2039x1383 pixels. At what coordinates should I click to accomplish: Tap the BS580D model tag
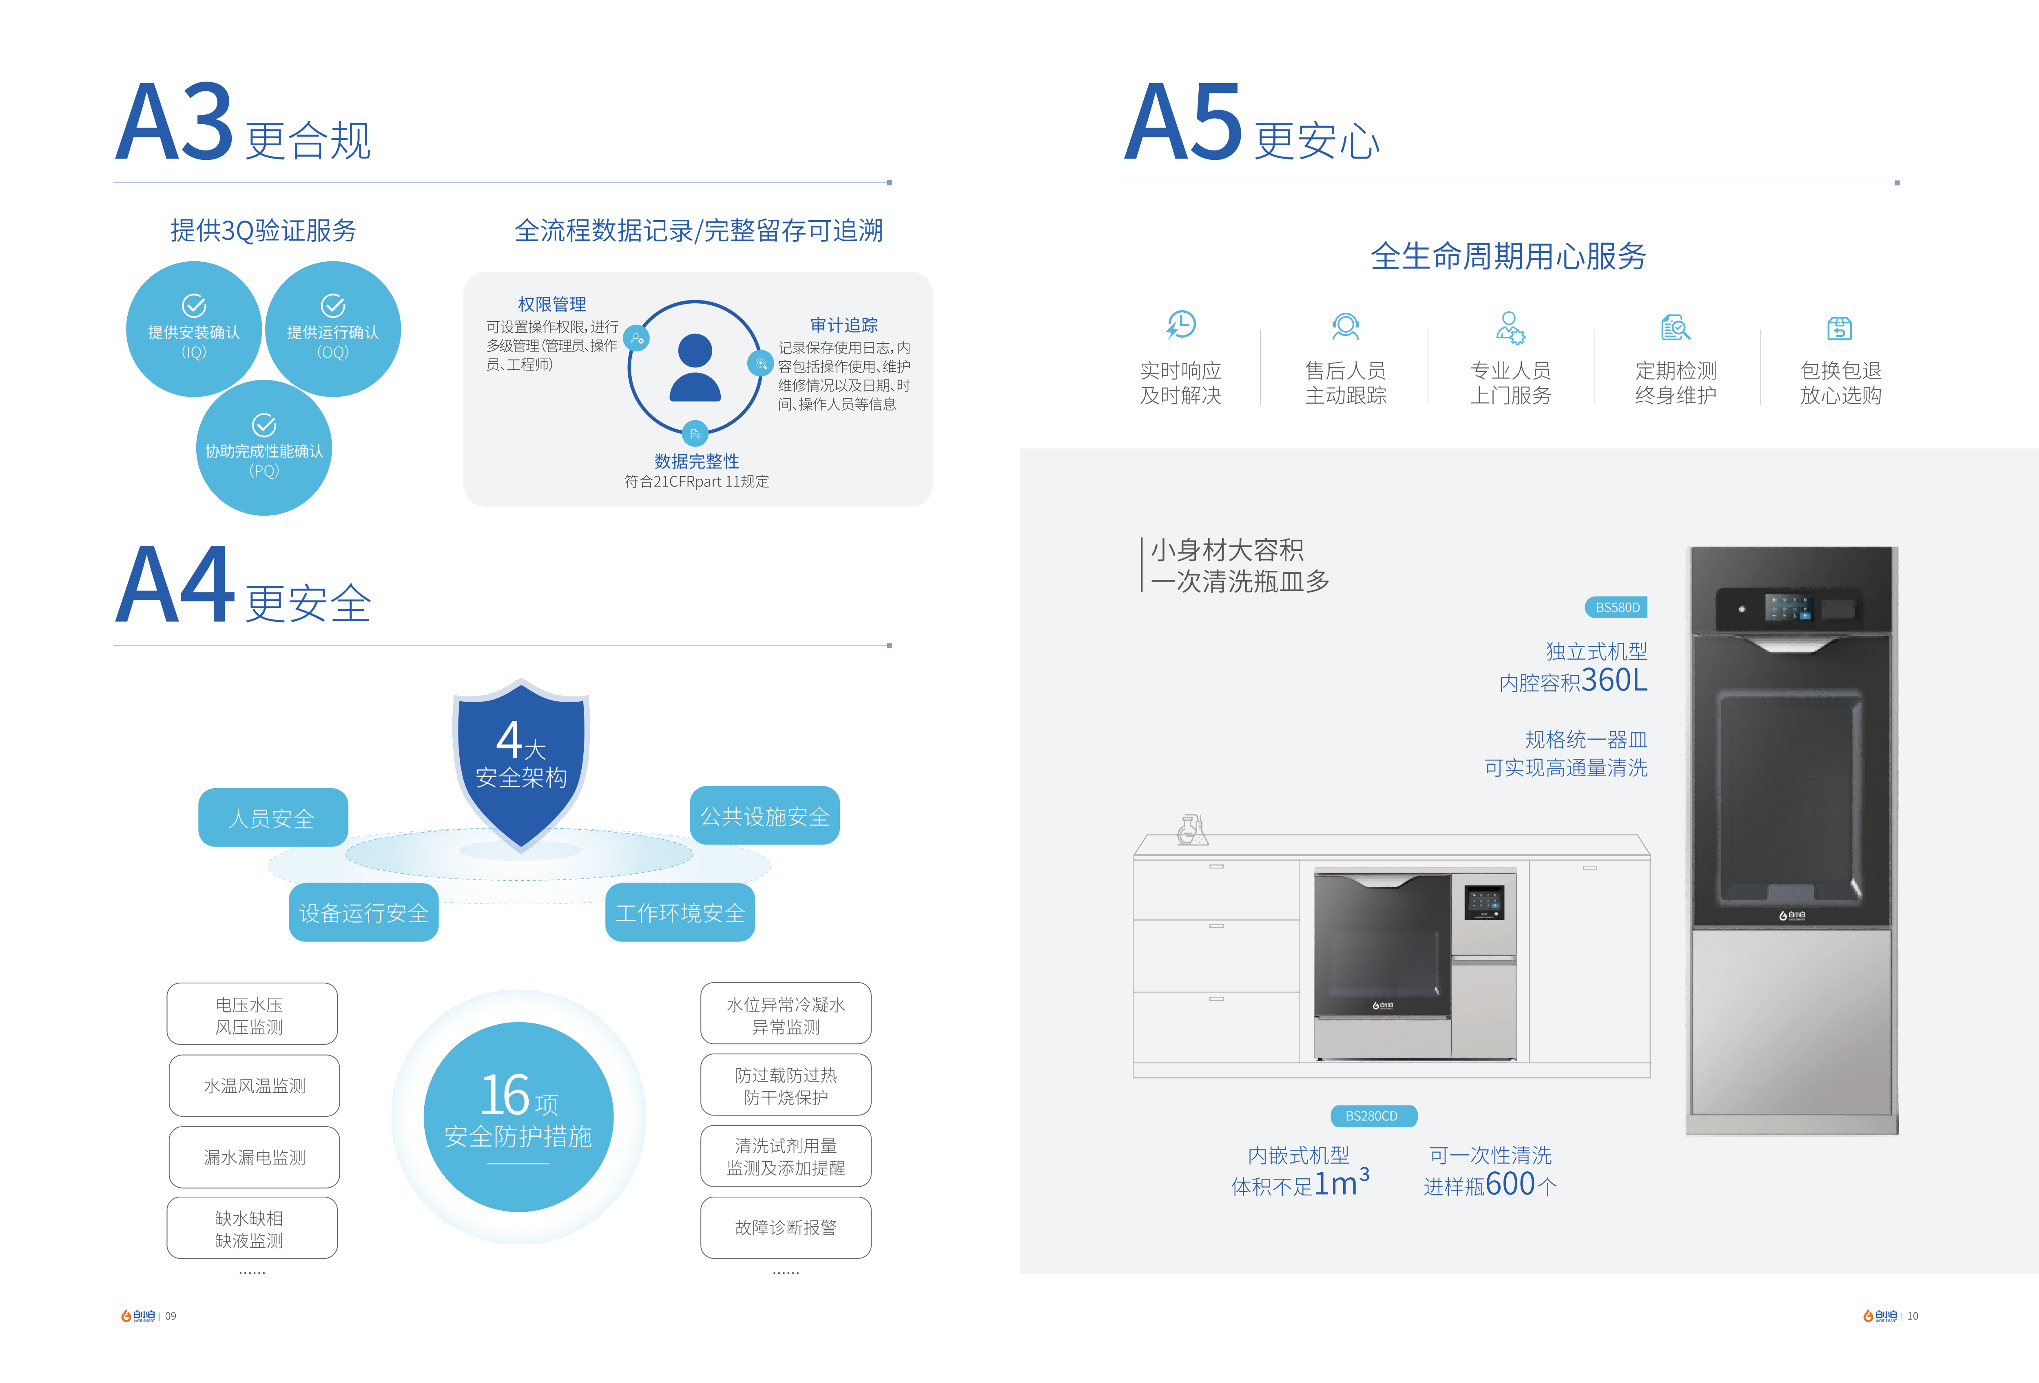(1616, 607)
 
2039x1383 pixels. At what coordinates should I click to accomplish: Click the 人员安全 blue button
(273, 817)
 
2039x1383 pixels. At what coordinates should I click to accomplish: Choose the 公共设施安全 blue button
(764, 815)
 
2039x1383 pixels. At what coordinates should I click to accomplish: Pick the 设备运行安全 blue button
(363, 913)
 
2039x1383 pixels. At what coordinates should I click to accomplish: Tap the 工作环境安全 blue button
(680, 913)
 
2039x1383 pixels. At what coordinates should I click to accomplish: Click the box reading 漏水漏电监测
(255, 1157)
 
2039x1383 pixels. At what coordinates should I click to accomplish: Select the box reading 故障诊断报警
(785, 1227)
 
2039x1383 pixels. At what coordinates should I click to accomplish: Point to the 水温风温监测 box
(255, 1086)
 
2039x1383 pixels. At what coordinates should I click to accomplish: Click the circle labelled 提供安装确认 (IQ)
(194, 329)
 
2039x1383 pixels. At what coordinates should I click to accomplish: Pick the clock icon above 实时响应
(1181, 325)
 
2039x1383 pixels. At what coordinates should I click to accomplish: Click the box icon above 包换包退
(1840, 328)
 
